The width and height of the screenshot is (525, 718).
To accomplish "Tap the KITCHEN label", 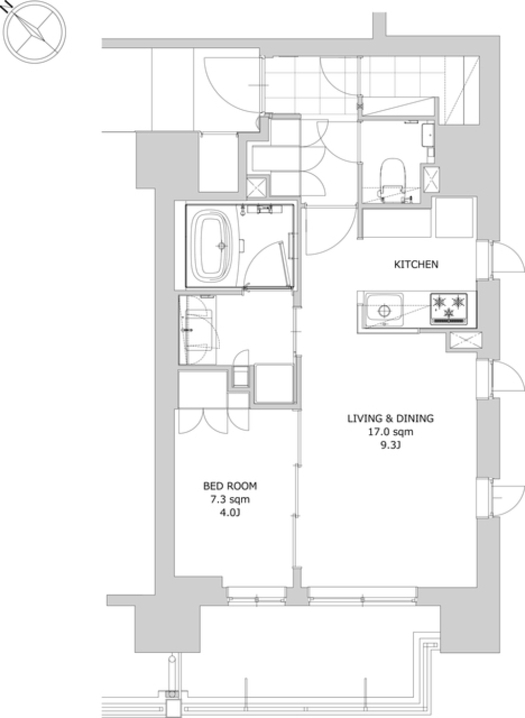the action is click(416, 265).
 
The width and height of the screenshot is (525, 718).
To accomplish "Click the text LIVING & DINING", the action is click(390, 418).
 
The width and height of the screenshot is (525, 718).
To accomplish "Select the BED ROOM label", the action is click(230, 486).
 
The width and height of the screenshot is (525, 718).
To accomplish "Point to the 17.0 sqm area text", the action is click(390, 432).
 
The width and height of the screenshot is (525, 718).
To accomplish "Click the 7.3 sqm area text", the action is click(230, 500).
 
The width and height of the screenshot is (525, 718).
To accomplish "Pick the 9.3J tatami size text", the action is click(390, 446).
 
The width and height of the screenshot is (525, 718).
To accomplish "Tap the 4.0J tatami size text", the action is click(230, 513).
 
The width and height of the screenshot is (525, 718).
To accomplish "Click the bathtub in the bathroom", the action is click(211, 246).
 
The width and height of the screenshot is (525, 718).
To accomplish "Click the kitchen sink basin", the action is click(384, 310).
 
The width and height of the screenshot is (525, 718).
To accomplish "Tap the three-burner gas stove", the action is click(449, 308).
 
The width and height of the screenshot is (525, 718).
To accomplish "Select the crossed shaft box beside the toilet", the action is click(431, 180).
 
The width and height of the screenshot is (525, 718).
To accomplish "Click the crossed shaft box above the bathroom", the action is click(257, 187).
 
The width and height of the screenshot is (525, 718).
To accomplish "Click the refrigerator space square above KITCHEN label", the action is click(454, 218).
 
